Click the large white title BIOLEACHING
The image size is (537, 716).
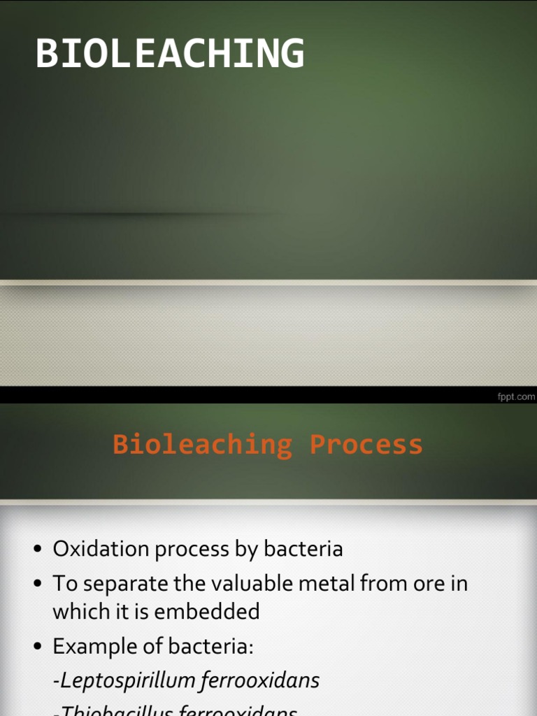pos(170,54)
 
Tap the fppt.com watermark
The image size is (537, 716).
pos(516,396)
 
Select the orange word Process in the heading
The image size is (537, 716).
pos(366,445)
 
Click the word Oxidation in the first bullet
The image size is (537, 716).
pos(101,549)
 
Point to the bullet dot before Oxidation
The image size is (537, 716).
pos(39,550)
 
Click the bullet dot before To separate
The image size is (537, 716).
pos(39,584)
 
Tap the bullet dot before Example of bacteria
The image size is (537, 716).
pos(39,647)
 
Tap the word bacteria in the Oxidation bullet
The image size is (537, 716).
pos(303,549)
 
